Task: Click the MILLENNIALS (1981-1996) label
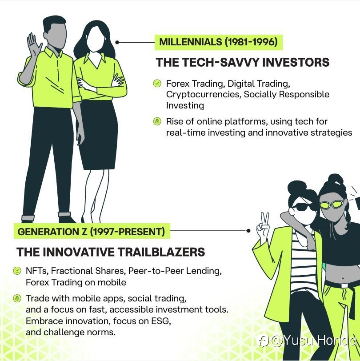click(x=218, y=42)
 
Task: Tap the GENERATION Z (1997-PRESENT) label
click(x=92, y=231)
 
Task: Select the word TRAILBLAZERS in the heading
click(x=161, y=252)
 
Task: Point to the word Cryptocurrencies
click(x=203, y=95)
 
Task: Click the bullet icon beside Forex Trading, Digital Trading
click(x=157, y=83)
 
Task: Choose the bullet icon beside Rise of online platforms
click(x=157, y=121)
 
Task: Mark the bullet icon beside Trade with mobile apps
click(x=17, y=298)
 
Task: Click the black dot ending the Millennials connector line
click(x=117, y=42)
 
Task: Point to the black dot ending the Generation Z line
click(x=248, y=231)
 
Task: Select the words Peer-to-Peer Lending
click(x=175, y=271)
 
